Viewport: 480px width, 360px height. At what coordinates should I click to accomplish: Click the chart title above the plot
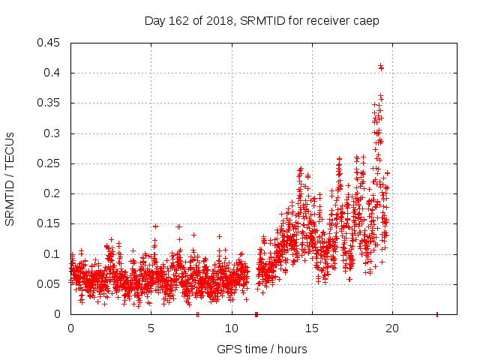262,20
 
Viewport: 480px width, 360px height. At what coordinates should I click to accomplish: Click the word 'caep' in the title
367,21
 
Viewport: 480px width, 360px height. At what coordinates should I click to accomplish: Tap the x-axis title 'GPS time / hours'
262,349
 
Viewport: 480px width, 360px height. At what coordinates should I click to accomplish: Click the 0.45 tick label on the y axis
49,43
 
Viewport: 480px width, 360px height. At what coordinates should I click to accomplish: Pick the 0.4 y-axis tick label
52,73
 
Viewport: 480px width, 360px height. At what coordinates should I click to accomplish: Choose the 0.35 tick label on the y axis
49,103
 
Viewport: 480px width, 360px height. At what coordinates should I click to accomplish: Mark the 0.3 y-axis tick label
52,133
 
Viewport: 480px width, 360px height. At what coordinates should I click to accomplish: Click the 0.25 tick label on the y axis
49,163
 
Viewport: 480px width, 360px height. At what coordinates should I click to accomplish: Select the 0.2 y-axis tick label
52,193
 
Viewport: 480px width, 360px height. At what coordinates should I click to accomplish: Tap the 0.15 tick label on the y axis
49,223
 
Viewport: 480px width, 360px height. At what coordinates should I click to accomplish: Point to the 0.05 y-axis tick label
49,284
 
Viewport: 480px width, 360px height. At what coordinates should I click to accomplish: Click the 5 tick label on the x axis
151,328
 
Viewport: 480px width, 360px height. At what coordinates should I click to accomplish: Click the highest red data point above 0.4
381,66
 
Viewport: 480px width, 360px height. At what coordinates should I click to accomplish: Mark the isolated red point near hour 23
437,314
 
